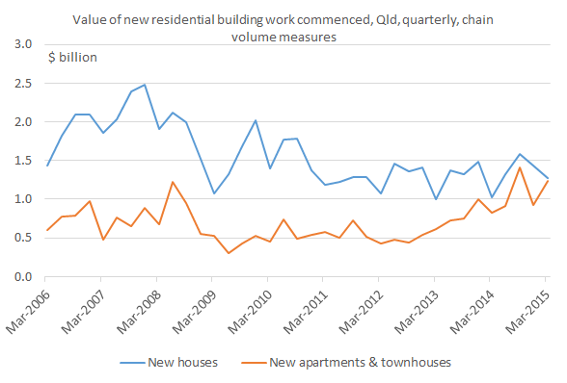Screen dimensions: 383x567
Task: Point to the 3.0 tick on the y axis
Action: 24,45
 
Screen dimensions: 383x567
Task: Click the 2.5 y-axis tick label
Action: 24,84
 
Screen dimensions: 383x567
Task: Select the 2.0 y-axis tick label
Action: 24,122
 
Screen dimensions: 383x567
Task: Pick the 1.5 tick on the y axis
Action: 24,161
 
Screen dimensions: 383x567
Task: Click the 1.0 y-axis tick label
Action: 24,199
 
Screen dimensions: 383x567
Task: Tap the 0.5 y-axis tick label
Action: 24,238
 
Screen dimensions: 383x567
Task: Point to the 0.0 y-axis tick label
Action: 24,276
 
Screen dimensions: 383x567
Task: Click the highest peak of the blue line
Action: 145,85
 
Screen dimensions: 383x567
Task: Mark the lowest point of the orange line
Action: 229,253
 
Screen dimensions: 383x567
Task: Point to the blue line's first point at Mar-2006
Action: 46,166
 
